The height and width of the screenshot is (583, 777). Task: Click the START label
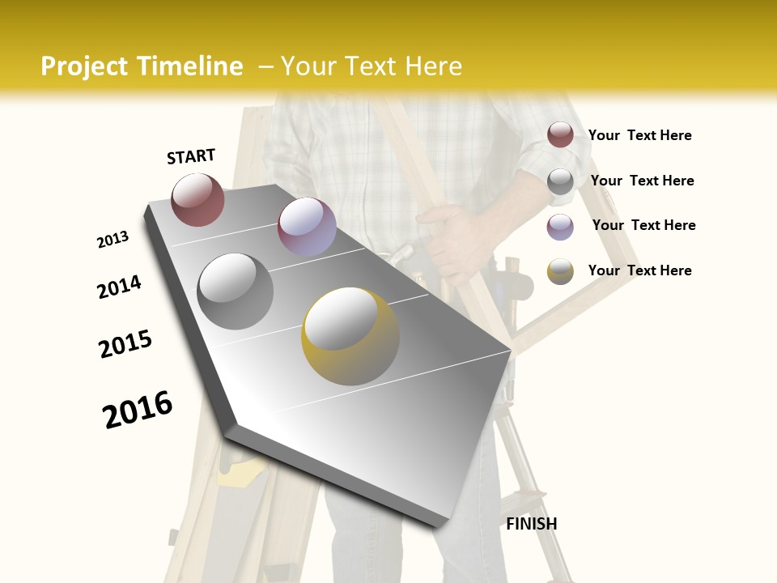191,156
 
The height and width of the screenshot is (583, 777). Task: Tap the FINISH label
532,524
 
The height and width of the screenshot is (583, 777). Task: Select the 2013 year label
113,240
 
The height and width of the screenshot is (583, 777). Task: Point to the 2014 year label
119,287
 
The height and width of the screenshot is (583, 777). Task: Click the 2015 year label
125,344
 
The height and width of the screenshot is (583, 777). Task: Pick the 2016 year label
138,409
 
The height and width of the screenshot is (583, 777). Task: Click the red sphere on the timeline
197,199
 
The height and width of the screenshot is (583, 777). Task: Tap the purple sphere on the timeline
307,227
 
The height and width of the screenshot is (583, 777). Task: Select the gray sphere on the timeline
236,291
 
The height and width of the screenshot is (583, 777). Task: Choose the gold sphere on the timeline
350,336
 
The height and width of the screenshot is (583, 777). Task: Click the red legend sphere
560,135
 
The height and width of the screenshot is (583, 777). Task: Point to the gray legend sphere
560,181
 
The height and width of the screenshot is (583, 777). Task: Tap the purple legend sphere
560,227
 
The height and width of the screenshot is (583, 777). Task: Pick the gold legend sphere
560,271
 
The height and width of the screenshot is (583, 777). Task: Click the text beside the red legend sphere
639,135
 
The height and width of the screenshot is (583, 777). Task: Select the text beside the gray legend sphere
642,181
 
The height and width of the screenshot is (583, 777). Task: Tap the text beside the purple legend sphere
643,225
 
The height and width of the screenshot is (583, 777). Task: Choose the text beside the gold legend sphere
639,270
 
